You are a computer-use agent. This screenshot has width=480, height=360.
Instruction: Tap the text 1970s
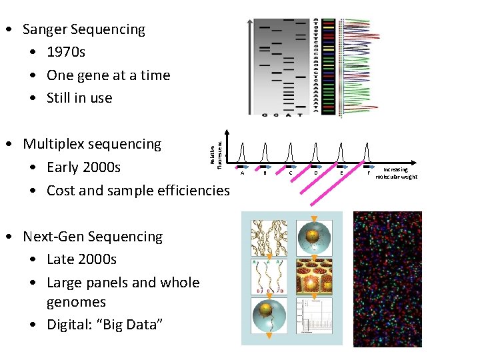[66, 52]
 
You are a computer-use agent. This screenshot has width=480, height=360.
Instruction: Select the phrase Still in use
[79, 98]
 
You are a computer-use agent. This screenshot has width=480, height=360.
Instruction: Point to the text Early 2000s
[83, 167]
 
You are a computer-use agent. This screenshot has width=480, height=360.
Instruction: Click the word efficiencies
[193, 191]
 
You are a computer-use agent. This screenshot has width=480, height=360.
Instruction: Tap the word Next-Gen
[51, 237]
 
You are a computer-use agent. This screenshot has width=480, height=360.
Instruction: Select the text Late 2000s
[81, 259]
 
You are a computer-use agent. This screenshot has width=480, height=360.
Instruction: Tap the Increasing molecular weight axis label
[396, 173]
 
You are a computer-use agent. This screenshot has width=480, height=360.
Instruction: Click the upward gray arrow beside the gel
[249, 67]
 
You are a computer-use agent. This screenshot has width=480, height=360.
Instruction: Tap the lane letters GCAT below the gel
[281, 115]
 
